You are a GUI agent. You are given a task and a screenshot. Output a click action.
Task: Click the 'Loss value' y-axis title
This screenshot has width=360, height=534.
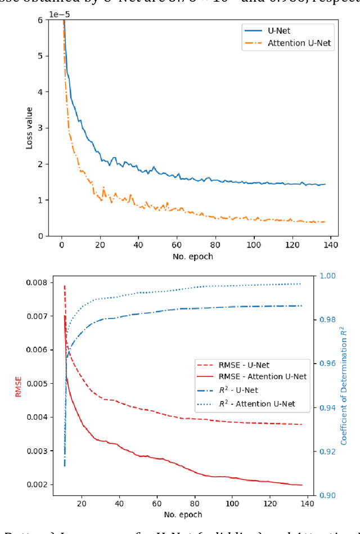click(29, 127)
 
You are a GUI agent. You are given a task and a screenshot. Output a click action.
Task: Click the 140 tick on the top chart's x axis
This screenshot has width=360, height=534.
click(331, 245)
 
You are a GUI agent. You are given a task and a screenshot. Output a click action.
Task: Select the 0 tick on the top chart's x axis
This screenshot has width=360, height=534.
click(62, 245)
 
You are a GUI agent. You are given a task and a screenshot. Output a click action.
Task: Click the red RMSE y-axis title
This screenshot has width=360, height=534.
click(19, 386)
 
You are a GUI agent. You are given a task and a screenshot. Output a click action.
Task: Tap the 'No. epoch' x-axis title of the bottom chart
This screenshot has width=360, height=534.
click(183, 514)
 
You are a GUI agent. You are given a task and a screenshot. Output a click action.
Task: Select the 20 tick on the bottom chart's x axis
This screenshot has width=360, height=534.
click(81, 504)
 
